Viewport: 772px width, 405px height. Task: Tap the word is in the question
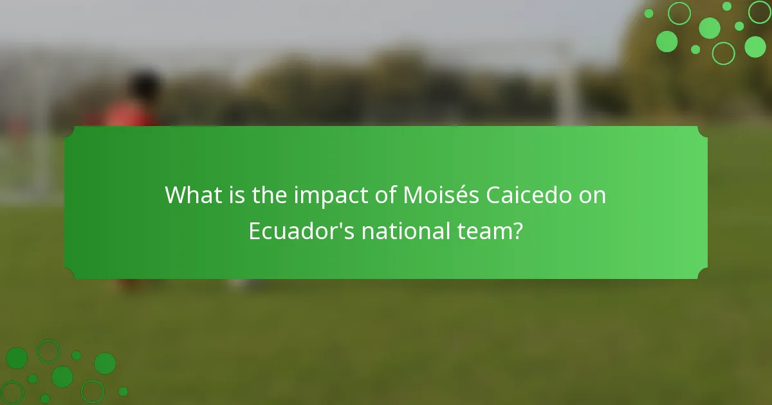(x=237, y=195)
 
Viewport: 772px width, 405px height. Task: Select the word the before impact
(x=271, y=195)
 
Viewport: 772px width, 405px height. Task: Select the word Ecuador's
(x=301, y=231)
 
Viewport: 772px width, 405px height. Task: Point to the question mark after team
(x=517, y=231)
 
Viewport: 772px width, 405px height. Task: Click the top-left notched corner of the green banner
(x=69, y=131)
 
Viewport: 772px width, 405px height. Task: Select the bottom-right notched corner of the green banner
(x=702, y=274)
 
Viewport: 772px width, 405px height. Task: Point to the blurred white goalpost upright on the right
(x=567, y=84)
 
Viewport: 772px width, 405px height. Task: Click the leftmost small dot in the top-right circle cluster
(x=648, y=14)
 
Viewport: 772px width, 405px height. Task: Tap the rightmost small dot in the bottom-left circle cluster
(x=123, y=391)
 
